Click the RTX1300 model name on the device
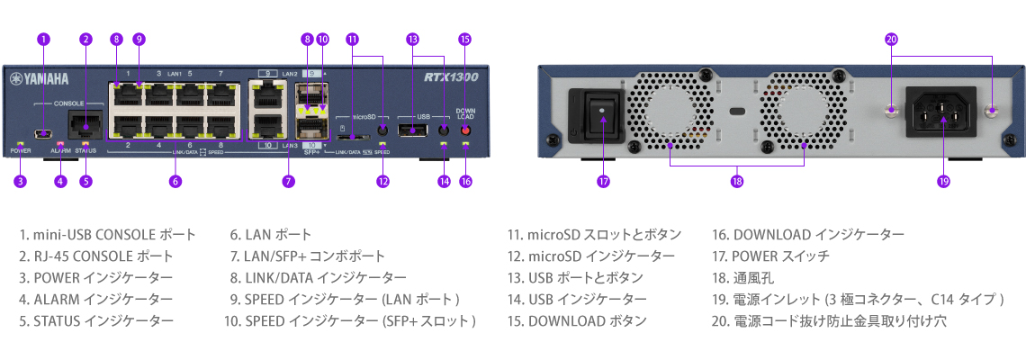pyautogui.click(x=450, y=77)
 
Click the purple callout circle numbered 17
pyautogui.click(x=603, y=181)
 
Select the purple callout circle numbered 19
pyautogui.click(x=942, y=181)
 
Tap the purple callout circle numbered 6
pyautogui.click(x=175, y=181)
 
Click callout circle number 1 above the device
pyautogui.click(x=44, y=39)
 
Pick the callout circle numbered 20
pyautogui.click(x=891, y=39)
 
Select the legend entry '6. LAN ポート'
pyautogui.click(x=271, y=235)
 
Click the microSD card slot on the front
pyautogui.click(x=353, y=137)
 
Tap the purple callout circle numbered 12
pyautogui.click(x=382, y=181)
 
